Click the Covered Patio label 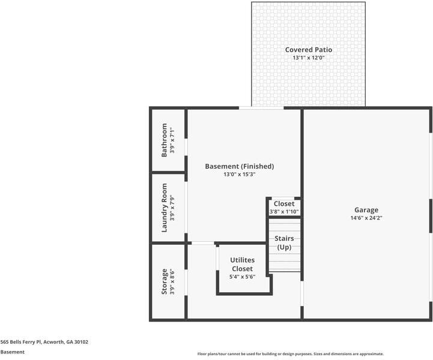[x=308, y=50]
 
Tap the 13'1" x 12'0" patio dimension [x=308, y=58]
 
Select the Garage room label [x=366, y=210]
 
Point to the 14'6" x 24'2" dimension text [x=366, y=218]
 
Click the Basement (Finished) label [x=240, y=166]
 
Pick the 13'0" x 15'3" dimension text [x=240, y=175]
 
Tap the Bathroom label [x=165, y=140]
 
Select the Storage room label [x=165, y=282]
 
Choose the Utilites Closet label [x=242, y=264]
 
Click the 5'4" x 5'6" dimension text [x=242, y=277]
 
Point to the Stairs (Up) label [x=284, y=243]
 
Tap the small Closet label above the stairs [x=284, y=204]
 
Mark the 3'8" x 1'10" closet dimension [x=284, y=212]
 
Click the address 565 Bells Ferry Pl [x=44, y=342]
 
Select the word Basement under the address [x=13, y=352]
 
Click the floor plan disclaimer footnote [x=290, y=354]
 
